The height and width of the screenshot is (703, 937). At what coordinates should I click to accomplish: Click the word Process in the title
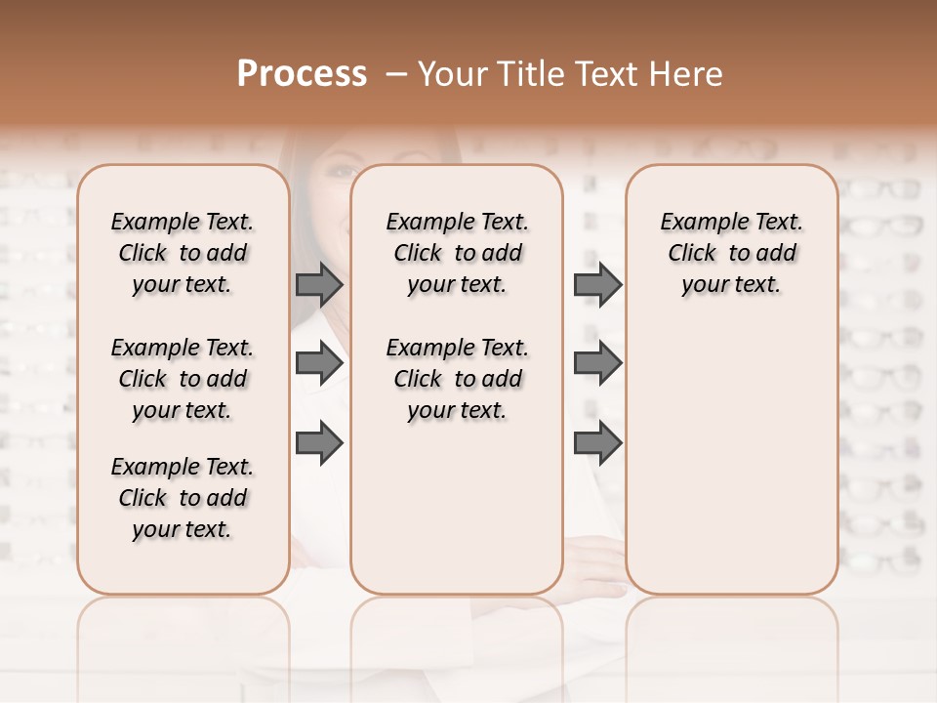pyautogui.click(x=302, y=74)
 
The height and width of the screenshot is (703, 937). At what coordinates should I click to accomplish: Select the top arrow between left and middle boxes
pyautogui.click(x=319, y=284)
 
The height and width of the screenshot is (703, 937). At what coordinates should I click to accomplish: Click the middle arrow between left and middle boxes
pyautogui.click(x=319, y=363)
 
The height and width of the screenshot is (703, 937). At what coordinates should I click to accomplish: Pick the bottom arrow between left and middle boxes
pyautogui.click(x=319, y=443)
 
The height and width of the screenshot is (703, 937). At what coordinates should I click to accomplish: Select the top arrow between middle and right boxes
pyautogui.click(x=597, y=284)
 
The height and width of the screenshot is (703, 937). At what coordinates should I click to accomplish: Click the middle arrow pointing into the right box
pyautogui.click(x=597, y=363)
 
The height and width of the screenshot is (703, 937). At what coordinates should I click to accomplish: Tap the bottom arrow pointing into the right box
pyautogui.click(x=597, y=443)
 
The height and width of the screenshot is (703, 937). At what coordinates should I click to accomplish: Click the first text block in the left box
pyautogui.click(x=183, y=253)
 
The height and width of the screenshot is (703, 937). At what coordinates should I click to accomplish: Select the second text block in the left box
pyautogui.click(x=183, y=379)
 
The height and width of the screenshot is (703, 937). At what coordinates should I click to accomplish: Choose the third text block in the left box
pyautogui.click(x=183, y=498)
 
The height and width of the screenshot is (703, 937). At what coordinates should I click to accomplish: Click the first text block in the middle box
pyautogui.click(x=458, y=253)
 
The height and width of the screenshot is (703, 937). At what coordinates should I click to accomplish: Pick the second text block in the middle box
pyautogui.click(x=458, y=379)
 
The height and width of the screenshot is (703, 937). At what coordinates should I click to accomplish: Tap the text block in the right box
pyautogui.click(x=732, y=253)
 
